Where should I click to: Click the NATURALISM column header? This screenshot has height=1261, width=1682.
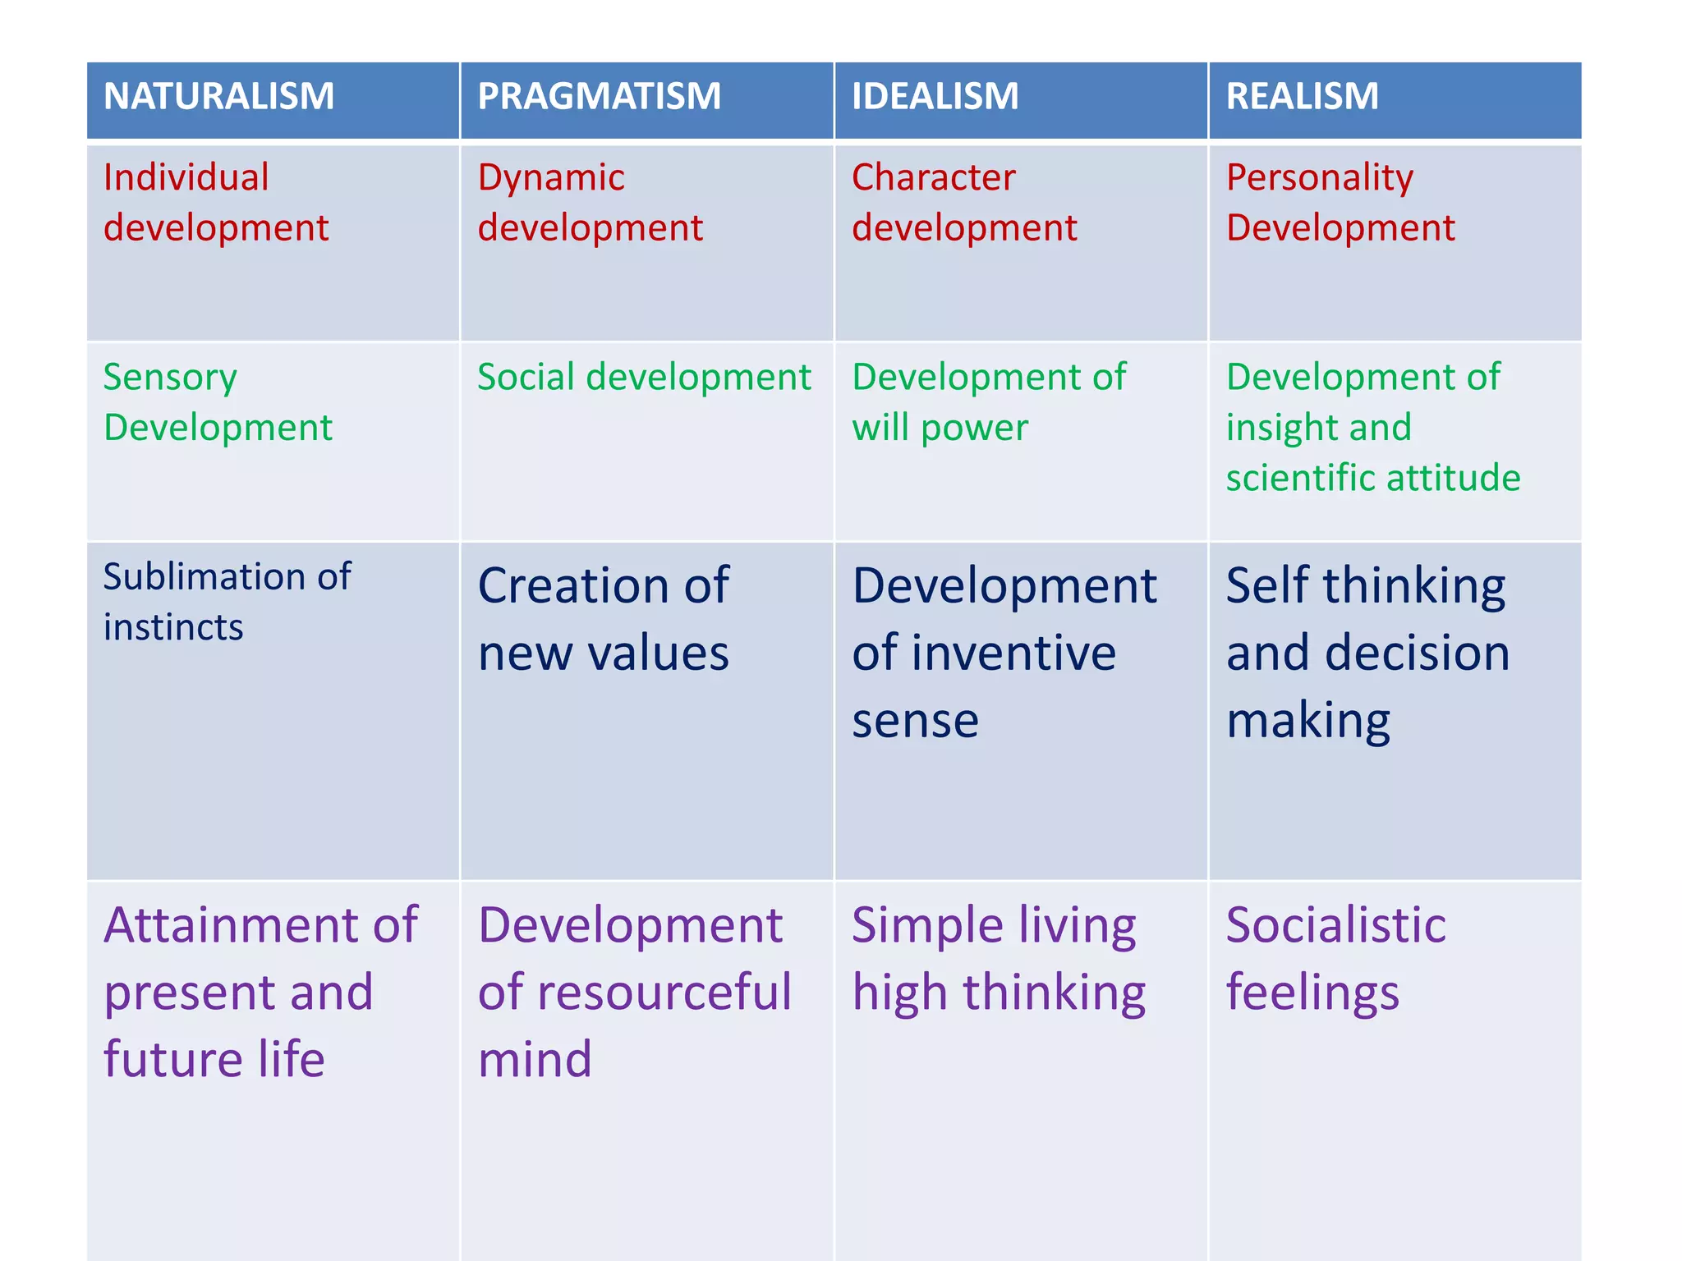pos(218,96)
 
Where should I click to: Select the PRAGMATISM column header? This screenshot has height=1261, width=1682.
pos(599,96)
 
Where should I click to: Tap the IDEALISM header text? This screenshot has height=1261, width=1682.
pos(935,96)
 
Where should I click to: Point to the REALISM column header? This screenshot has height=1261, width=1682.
pos(1302,96)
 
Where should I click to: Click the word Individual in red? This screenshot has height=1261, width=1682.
pos(186,177)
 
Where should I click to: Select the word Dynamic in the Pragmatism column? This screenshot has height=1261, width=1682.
pos(551,177)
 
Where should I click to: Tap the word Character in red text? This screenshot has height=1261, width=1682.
pos(933,177)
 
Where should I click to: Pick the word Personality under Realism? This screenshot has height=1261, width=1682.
pos(1319,178)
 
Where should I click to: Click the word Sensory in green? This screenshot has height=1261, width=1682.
pos(170,378)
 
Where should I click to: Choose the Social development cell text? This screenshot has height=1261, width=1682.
pos(644,377)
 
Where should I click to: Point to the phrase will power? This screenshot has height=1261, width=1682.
pos(940,428)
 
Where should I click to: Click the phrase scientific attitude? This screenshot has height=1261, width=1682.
pos(1372,478)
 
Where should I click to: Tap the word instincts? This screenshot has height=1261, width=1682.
pos(173,627)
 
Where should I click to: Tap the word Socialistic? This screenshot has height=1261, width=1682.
pos(1335,925)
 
